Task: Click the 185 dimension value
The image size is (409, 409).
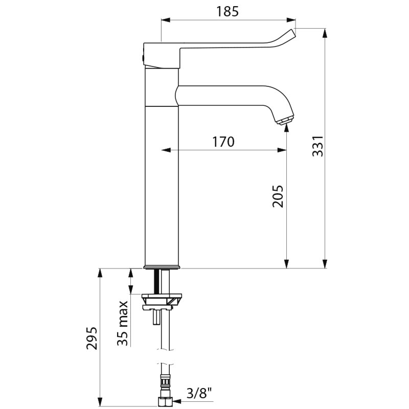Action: pos(228,11)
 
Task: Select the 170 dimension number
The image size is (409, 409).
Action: pos(223,142)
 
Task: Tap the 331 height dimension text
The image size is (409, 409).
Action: pos(317,146)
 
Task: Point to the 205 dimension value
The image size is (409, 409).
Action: pos(278,196)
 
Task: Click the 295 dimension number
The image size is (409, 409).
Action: pos(92,338)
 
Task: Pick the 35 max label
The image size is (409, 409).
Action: pos(122,324)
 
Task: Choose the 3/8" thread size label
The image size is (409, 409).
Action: pos(199,393)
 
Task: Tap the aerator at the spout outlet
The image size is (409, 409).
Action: pos(285,120)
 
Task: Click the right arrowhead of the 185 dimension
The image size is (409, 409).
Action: pos(291,20)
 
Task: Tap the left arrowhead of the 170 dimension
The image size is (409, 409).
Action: pos(166,150)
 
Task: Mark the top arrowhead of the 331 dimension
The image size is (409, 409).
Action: pos(325,33)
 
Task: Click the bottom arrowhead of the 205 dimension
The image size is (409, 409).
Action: pos(287,264)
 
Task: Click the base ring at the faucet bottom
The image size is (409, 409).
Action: pos(162,267)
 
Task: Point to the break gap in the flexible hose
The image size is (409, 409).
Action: pos(166,356)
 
